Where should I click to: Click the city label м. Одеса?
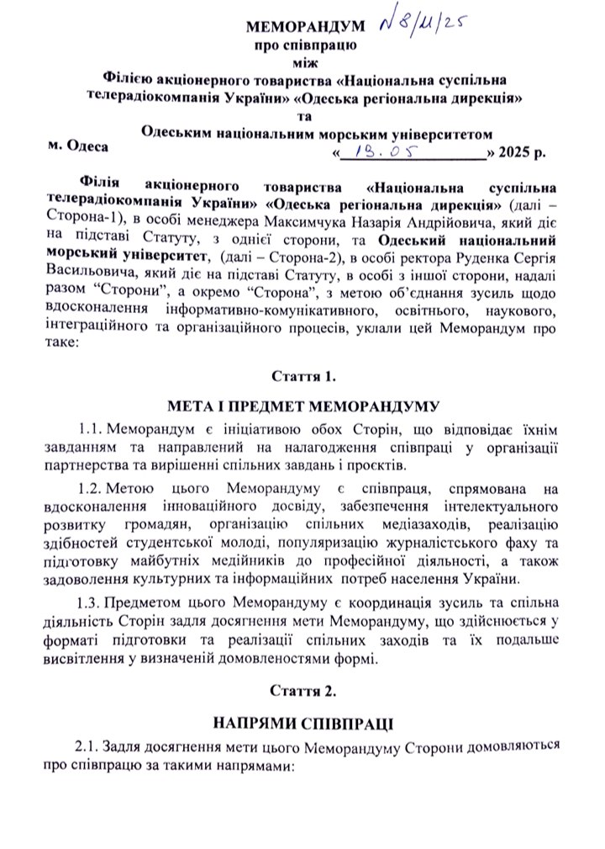point(77,146)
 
